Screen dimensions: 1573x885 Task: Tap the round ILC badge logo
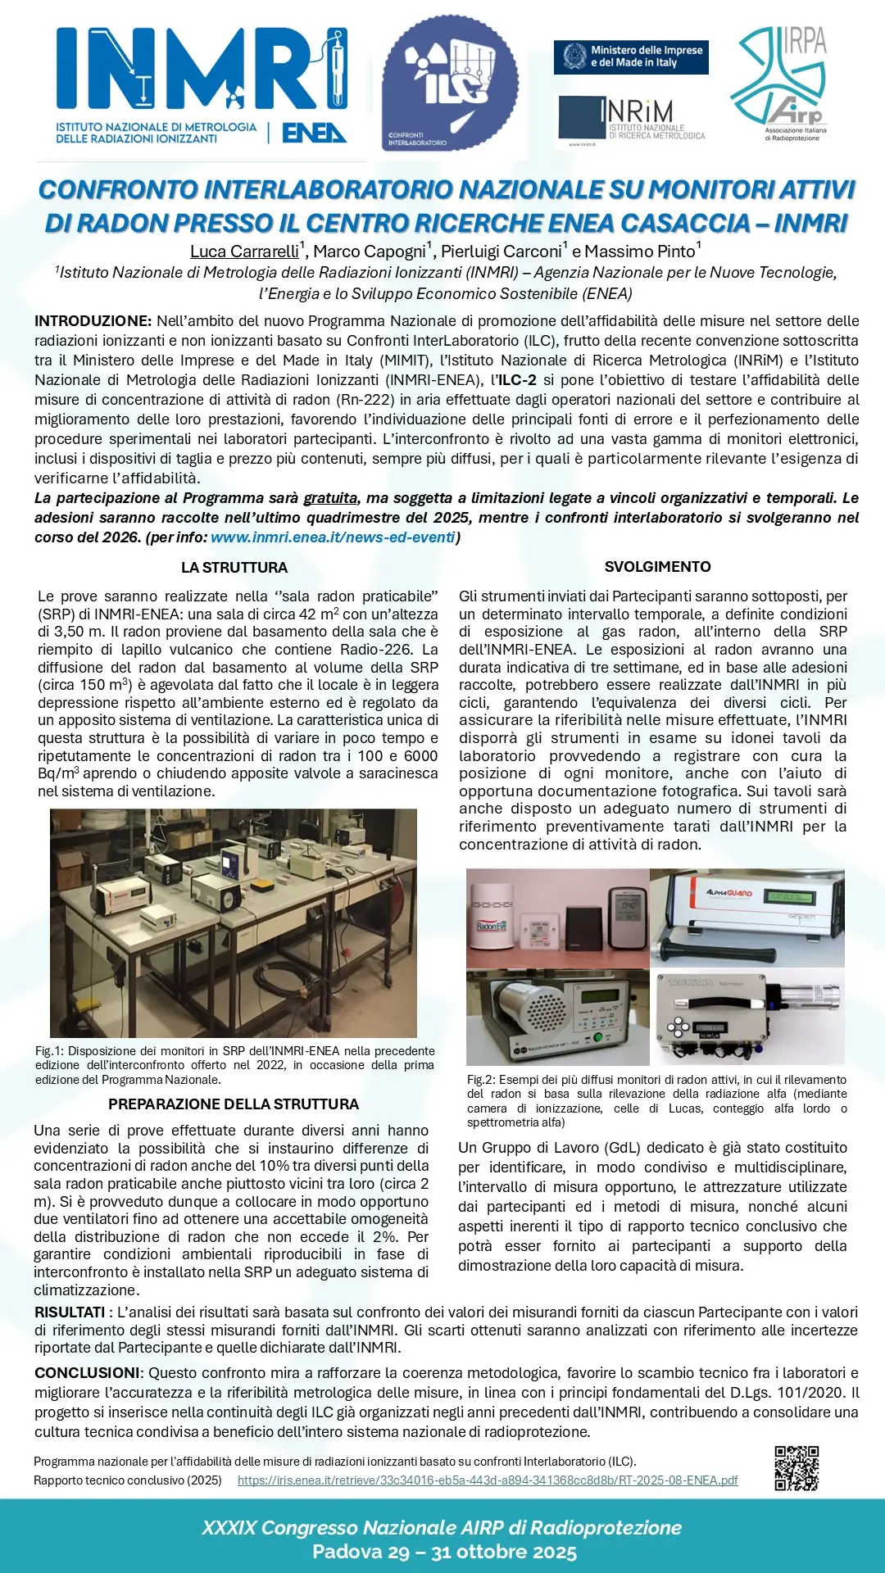pos(449,84)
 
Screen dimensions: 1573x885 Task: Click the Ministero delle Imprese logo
pos(631,57)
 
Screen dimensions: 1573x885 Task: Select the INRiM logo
pos(632,120)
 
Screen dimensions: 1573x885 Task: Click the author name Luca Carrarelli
pos(244,252)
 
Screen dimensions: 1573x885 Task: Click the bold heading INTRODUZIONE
pos(93,321)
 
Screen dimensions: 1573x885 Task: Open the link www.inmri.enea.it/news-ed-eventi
pos(333,537)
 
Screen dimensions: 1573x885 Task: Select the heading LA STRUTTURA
pos(234,567)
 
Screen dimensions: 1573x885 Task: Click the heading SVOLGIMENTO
pos(657,566)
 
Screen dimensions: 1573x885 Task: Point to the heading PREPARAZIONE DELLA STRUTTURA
pos(234,1104)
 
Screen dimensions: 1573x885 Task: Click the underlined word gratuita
pos(330,498)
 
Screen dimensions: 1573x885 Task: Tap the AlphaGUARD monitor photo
pos(747,918)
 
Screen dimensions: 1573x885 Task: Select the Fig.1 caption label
pos(49,1051)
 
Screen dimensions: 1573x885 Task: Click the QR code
pos(796,1467)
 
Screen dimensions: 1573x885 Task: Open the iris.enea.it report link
pos(488,1480)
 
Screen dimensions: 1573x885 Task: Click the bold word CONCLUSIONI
pos(87,1373)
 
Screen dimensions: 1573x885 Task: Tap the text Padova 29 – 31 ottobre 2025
pos(444,1552)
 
